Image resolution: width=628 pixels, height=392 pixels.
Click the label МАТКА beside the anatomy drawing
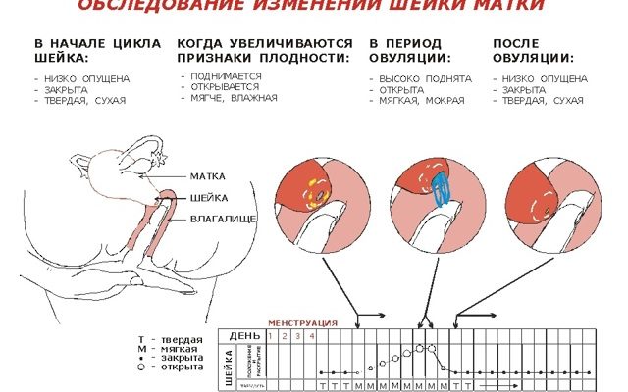click(x=207, y=176)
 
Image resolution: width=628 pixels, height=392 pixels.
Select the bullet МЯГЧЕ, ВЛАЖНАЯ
click(x=234, y=98)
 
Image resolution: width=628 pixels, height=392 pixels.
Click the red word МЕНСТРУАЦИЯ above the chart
click(x=303, y=322)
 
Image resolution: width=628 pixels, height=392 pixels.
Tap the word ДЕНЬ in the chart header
click(x=245, y=336)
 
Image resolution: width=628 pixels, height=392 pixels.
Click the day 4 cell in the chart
click(x=312, y=336)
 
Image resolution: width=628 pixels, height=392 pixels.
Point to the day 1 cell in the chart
click(x=271, y=336)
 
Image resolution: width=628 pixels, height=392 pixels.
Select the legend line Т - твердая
click(x=171, y=338)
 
